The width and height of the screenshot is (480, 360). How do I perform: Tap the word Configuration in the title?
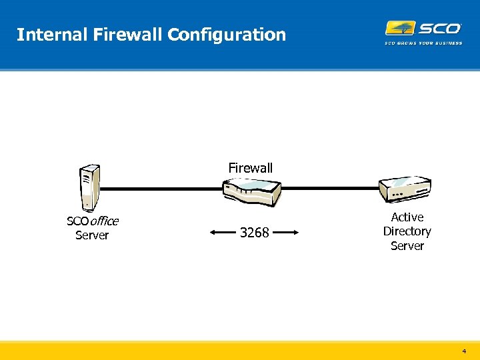click(227, 35)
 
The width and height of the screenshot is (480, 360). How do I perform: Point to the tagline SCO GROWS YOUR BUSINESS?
click(423, 43)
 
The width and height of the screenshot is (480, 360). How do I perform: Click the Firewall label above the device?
click(250, 168)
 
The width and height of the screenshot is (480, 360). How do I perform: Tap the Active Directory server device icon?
click(405, 189)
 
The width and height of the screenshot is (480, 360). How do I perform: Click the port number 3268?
click(254, 233)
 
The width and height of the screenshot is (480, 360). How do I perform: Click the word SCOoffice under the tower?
click(92, 221)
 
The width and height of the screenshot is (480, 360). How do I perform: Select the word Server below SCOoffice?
click(92, 235)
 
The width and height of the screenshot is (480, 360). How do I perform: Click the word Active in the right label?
click(407, 217)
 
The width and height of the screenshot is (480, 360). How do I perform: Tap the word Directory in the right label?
click(407, 231)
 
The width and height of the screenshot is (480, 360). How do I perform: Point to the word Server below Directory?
click(407, 246)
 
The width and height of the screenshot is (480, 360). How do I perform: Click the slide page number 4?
click(464, 350)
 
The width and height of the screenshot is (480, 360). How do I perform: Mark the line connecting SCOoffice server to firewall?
click(160, 189)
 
